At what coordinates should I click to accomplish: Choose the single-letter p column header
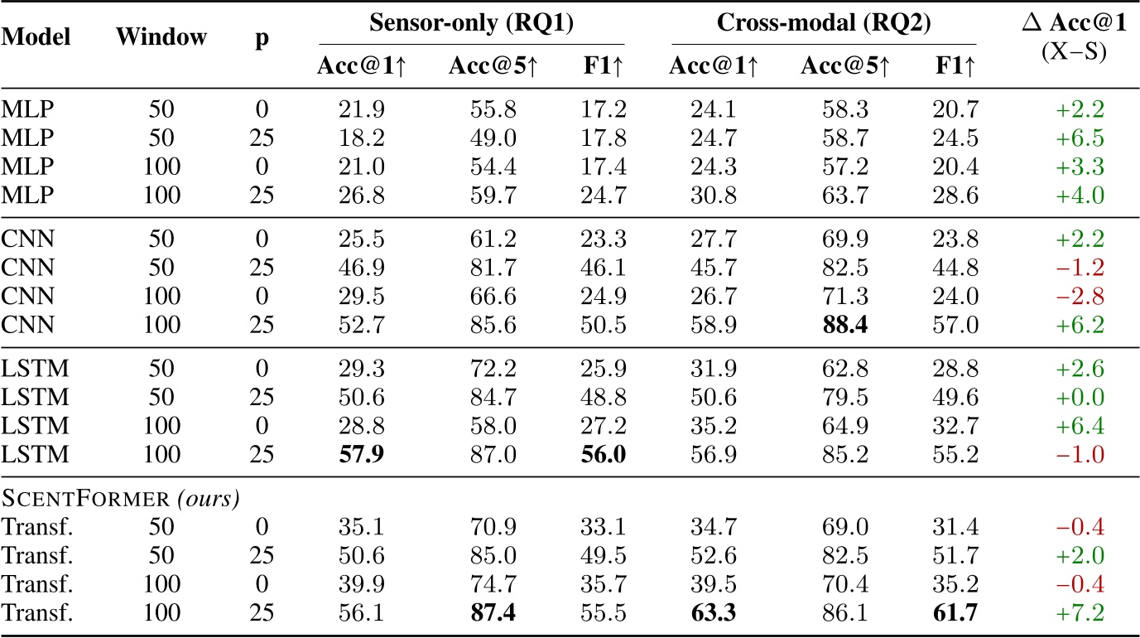tap(262, 39)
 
